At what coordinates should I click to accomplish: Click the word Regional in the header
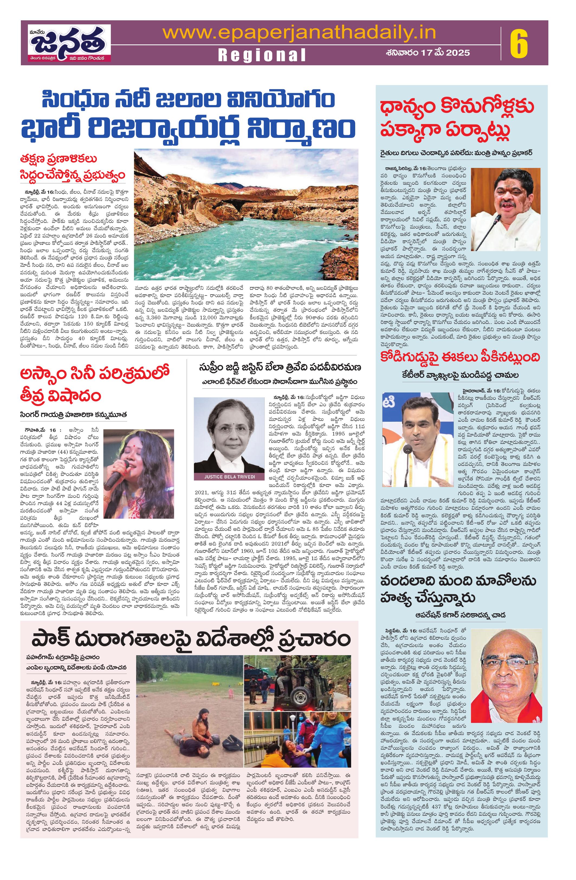(x=262, y=55)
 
